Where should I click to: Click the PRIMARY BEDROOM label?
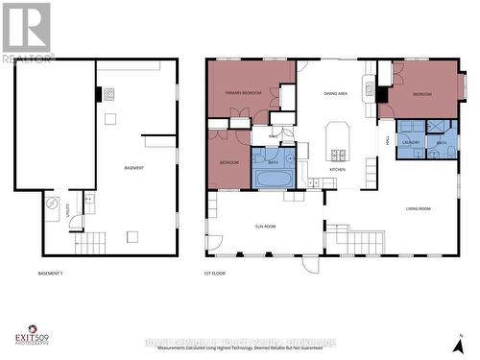point(245,93)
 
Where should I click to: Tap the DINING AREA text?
point(336,93)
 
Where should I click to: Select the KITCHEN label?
point(338,169)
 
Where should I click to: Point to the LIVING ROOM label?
point(419,207)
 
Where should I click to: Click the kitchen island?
point(339,141)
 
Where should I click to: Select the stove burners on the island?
point(339,155)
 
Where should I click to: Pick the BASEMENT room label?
point(133,169)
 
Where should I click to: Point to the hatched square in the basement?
point(108,94)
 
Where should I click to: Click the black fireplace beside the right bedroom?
point(381,94)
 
